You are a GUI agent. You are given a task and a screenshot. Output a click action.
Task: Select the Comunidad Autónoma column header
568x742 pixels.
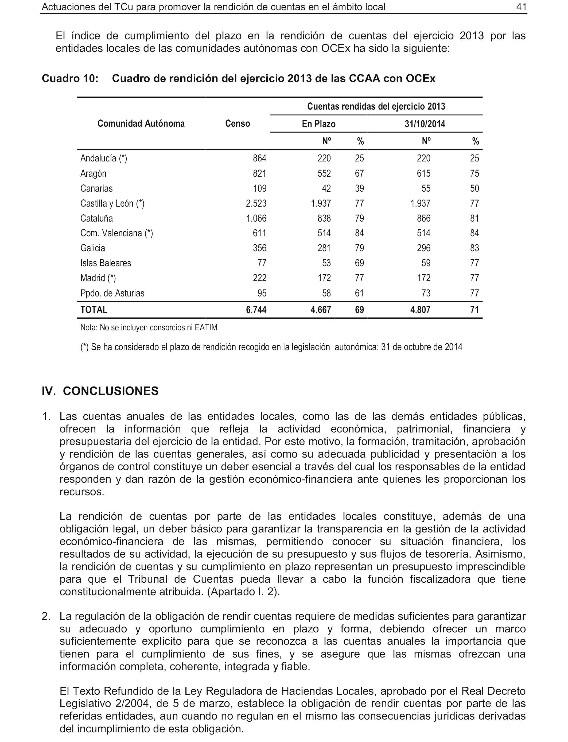(x=141, y=123)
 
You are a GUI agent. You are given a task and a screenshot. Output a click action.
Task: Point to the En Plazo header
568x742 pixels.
(x=318, y=124)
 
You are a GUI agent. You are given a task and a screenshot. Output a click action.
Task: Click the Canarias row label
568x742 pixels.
(x=96, y=188)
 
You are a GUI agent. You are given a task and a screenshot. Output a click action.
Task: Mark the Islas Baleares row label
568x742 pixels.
(x=106, y=263)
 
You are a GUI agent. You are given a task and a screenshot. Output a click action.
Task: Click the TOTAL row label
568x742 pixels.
(x=94, y=310)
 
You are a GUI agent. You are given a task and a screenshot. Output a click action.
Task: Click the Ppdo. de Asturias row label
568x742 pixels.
(x=112, y=293)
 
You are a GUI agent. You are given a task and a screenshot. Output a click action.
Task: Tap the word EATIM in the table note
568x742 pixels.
(x=206, y=327)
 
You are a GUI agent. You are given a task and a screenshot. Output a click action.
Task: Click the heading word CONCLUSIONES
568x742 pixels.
(x=111, y=391)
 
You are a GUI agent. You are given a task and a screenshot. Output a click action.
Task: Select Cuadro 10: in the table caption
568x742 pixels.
(x=70, y=79)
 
